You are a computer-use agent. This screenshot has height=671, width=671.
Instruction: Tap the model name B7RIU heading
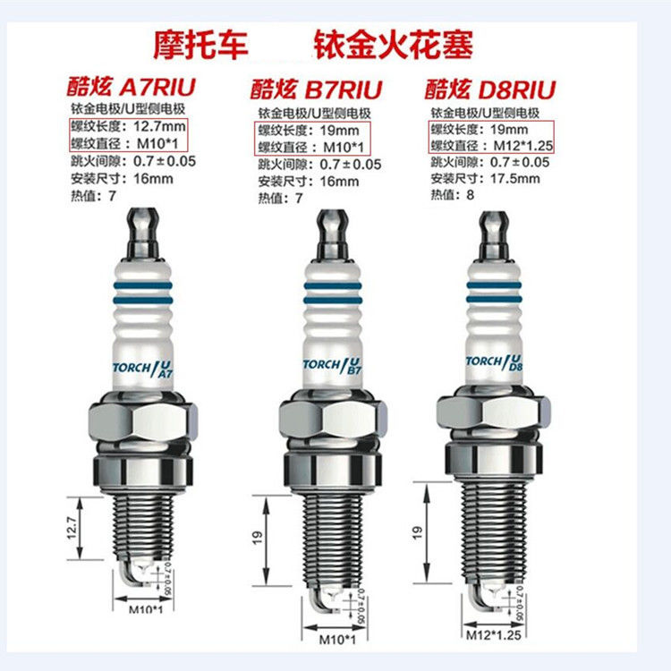click(x=344, y=89)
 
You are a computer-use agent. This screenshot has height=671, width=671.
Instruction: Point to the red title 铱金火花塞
click(x=394, y=43)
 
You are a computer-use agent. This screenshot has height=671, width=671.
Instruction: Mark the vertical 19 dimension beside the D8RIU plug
click(x=417, y=531)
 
